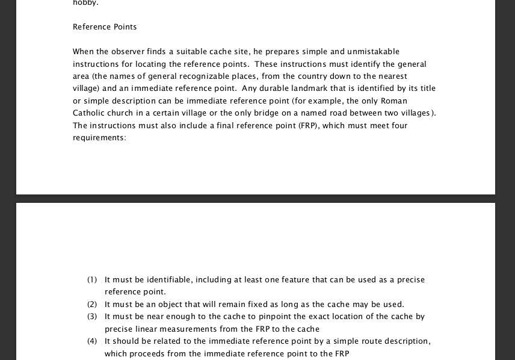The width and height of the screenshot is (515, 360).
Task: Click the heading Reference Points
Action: [105, 27]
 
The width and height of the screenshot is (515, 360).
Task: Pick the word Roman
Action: [394, 101]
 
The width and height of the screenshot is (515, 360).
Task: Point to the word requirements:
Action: [99, 138]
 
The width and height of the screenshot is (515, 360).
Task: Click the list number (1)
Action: [92, 280]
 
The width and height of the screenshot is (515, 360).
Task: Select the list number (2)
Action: [92, 305]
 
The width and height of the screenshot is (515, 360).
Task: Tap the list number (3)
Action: [92, 317]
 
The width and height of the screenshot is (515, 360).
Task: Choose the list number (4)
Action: [92, 341]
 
